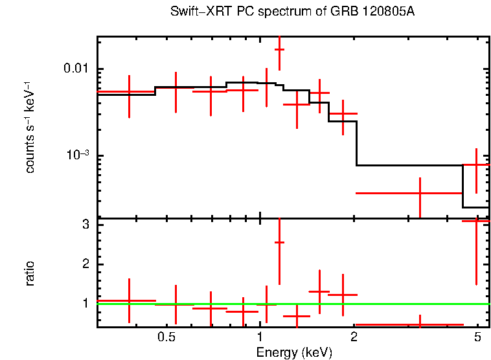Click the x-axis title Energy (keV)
click(x=293, y=353)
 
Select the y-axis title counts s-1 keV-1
click(x=30, y=127)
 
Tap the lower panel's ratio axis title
click(x=30, y=273)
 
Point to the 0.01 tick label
click(x=76, y=69)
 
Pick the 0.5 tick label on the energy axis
click(x=167, y=337)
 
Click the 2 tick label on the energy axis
click(x=354, y=337)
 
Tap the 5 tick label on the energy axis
click(x=477, y=337)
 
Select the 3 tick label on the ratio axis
click(x=85, y=225)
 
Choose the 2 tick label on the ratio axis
click(x=85, y=264)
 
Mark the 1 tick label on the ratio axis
click(x=85, y=303)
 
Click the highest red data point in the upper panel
click(x=279, y=49)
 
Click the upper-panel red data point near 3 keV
click(x=420, y=193)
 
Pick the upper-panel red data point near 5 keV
click(x=476, y=165)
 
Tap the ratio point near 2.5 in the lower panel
click(x=279, y=242)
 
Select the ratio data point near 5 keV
click(x=476, y=221)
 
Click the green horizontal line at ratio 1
click(x=389, y=303)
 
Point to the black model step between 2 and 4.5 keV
click(x=408, y=165)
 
